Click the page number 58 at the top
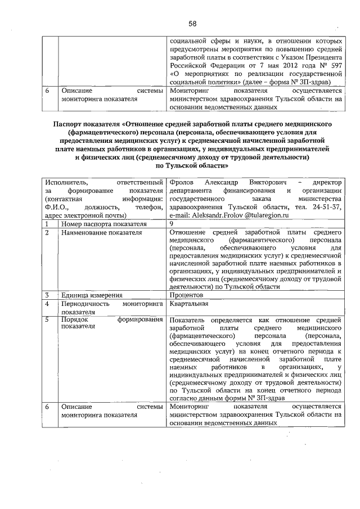[x=192, y=24]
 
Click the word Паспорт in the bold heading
[x=69, y=124]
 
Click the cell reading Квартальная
[x=189, y=304]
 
